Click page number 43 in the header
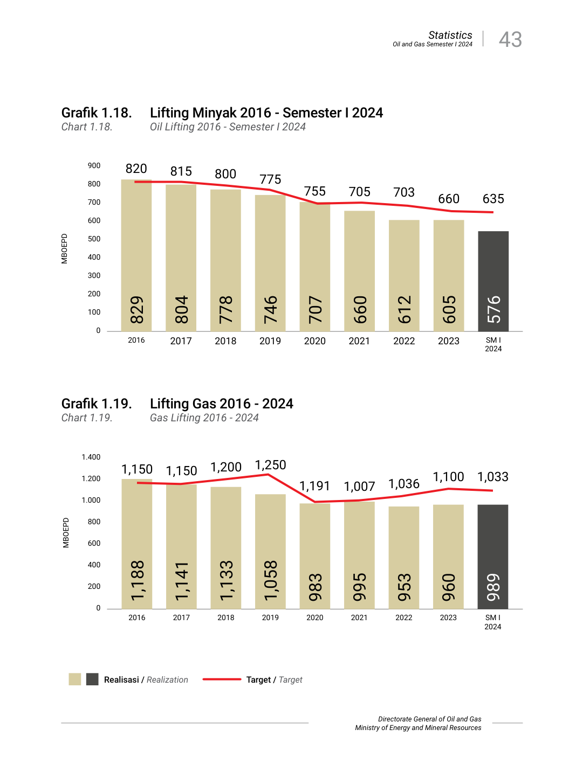click(510, 39)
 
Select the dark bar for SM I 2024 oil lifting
click(493, 281)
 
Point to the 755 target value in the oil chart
click(315, 191)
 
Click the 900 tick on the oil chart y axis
click(94, 166)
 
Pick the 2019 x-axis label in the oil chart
click(270, 341)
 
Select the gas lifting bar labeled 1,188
click(137, 544)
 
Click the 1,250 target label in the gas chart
click(270, 465)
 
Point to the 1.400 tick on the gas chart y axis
click(91, 457)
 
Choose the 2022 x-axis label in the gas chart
click(404, 617)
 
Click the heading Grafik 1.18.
click(97, 113)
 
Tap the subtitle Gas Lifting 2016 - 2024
click(204, 418)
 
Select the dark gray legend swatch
click(92, 679)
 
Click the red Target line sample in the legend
click(222, 679)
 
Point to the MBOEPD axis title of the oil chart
click(65, 248)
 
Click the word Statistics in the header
click(450, 35)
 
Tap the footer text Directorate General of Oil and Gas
click(429, 719)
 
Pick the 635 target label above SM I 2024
click(493, 199)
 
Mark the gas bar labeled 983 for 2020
click(315, 557)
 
